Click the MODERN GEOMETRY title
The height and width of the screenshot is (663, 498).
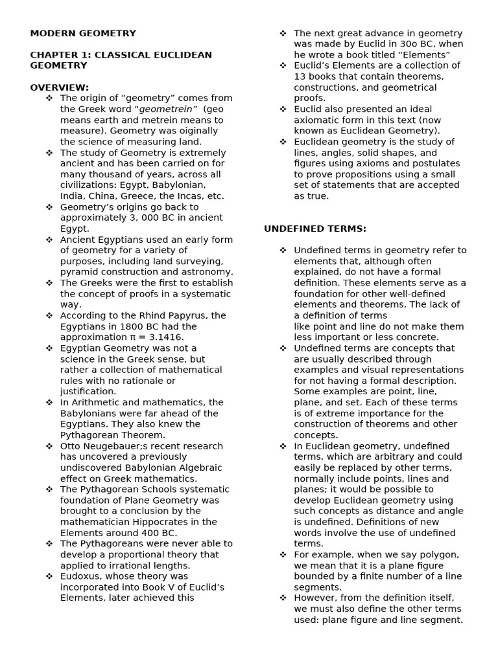pyautogui.click(x=83, y=33)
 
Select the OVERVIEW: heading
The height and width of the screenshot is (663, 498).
pyautogui.click(x=60, y=87)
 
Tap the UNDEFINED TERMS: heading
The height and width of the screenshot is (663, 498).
pyautogui.click(x=315, y=229)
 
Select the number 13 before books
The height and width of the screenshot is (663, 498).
pyautogui.click(x=300, y=76)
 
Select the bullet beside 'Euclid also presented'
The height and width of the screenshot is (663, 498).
pyautogui.click(x=283, y=109)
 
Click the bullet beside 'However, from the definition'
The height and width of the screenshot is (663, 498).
pyautogui.click(x=283, y=598)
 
